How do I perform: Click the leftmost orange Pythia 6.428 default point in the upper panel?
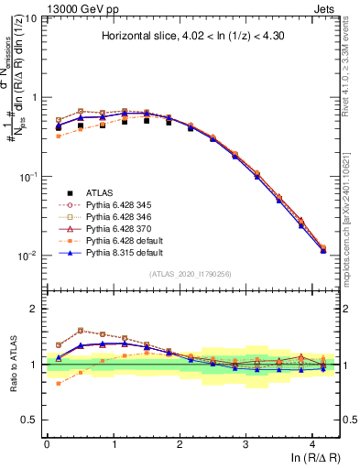[60, 136]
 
